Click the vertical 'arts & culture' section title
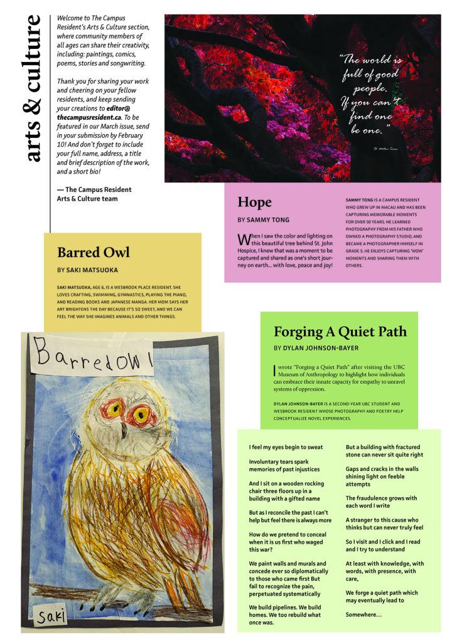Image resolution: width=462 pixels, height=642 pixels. [34, 88]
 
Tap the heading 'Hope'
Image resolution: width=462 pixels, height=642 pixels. [254, 202]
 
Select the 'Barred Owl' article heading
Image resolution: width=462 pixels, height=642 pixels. [93, 252]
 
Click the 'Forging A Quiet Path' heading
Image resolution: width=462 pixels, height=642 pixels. [340, 331]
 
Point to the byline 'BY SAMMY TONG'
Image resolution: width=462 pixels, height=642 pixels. [264, 220]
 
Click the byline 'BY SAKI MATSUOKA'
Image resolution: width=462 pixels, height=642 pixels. [87, 270]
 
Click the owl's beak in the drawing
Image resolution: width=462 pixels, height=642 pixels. [124, 431]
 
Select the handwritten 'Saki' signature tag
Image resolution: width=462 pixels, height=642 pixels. [50, 618]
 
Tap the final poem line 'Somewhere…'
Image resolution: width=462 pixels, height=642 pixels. [363, 614]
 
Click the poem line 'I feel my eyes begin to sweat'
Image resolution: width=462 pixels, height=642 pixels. [286, 447]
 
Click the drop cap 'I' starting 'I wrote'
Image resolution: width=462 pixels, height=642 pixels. [275, 370]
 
